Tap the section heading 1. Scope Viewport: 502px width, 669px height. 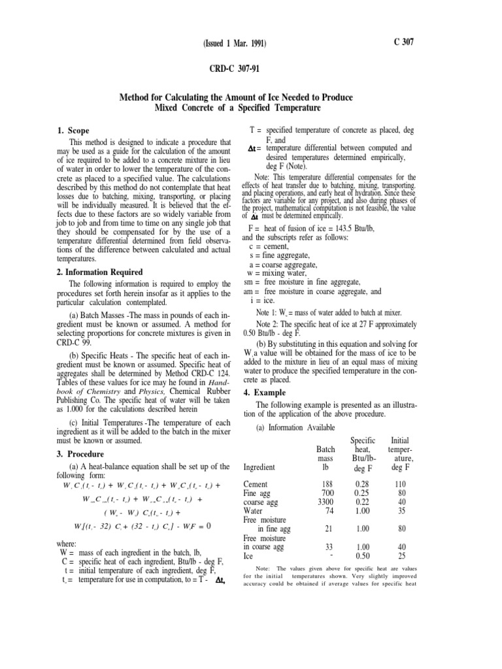point(74,131)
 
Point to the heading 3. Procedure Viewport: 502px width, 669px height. point(83,453)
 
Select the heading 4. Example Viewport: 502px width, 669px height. point(265,393)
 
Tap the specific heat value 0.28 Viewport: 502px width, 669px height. point(364,484)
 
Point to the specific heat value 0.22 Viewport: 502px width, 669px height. point(364,502)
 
